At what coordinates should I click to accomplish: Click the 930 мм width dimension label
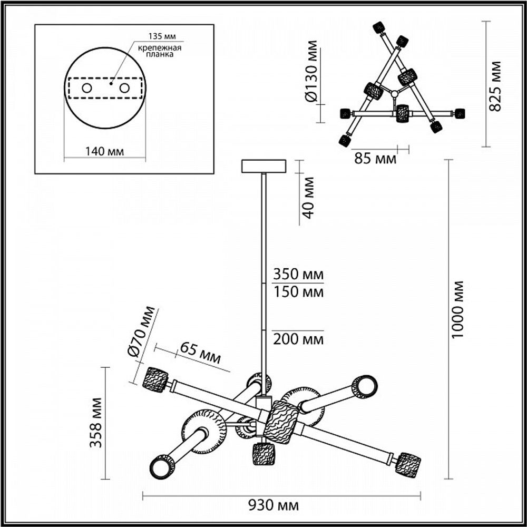[x=273, y=505]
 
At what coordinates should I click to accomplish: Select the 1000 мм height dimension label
[x=457, y=309]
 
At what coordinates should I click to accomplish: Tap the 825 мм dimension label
[x=495, y=86]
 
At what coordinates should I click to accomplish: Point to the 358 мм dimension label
[x=96, y=423]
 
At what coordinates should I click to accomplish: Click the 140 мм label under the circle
[x=104, y=152]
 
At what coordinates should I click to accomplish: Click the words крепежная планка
[x=160, y=51]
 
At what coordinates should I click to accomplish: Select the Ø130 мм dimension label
[x=311, y=71]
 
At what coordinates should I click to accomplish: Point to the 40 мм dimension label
[x=308, y=198]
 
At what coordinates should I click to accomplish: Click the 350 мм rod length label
[x=298, y=274]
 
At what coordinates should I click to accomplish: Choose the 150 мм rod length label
[x=298, y=292]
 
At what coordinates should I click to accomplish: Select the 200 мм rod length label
[x=298, y=339]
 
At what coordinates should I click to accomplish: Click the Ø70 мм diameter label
[x=142, y=331]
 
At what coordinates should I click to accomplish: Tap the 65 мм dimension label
[x=201, y=353]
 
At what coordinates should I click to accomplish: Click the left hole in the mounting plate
[x=87, y=89]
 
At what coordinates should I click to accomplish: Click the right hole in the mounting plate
[x=125, y=89]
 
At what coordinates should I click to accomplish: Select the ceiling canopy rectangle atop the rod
[x=264, y=166]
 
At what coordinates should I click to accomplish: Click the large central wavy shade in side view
[x=281, y=422]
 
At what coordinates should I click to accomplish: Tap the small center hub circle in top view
[x=395, y=94]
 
